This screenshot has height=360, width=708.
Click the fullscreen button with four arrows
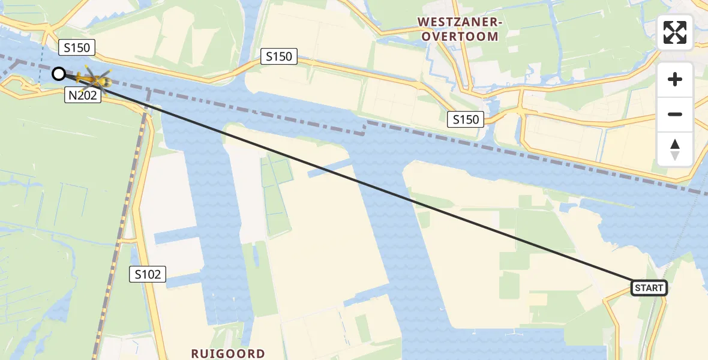675,32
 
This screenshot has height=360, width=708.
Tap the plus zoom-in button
675,79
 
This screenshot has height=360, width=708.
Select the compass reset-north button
675,149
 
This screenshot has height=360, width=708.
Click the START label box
649,288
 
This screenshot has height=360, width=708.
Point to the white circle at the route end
59,74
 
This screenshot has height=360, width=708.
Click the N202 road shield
82,95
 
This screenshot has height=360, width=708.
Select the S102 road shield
148,274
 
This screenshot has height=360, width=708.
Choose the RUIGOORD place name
228,353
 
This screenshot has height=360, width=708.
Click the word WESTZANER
460,22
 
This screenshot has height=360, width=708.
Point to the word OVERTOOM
460,37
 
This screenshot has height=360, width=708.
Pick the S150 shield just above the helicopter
77,47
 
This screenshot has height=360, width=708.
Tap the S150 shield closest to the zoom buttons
466,119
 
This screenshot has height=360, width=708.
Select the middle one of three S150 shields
279,57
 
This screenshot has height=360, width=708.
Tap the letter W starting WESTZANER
423,22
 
